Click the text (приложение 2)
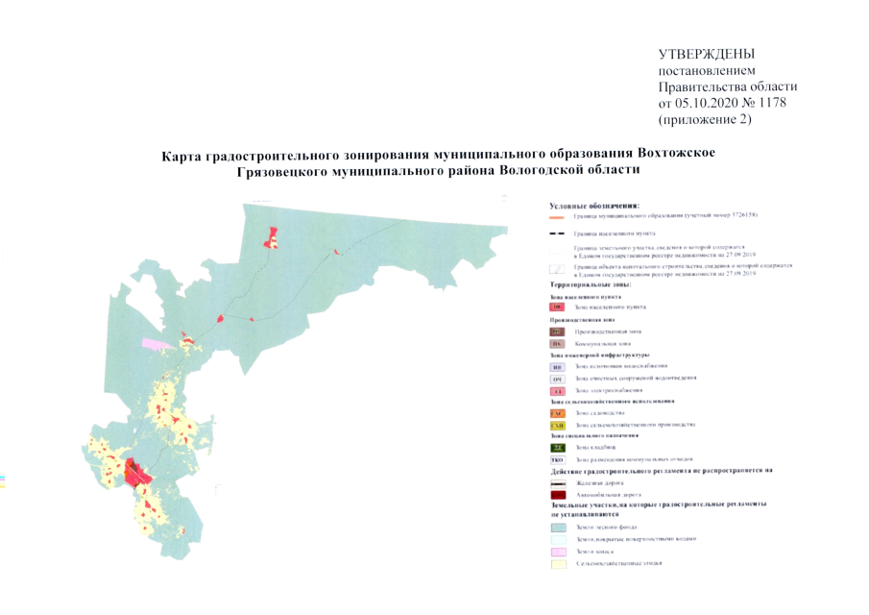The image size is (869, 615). click(x=705, y=120)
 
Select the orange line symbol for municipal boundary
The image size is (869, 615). click(x=557, y=218)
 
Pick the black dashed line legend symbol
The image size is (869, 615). click(x=557, y=234)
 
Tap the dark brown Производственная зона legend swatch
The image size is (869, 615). click(x=557, y=331)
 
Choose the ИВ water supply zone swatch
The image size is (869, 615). click(x=557, y=367)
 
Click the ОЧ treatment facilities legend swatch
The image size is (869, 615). click(x=557, y=380)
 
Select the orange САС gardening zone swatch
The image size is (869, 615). click(x=557, y=412)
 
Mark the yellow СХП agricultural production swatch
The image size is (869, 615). click(x=557, y=425)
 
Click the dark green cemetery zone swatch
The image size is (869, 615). click(x=557, y=448)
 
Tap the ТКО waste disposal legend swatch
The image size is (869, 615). click(x=557, y=459)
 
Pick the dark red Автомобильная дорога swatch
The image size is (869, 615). click(x=557, y=494)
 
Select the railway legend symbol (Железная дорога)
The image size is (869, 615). click(x=557, y=482)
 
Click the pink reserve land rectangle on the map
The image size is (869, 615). click(x=154, y=341)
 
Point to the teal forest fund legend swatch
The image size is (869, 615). click(x=557, y=528)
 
